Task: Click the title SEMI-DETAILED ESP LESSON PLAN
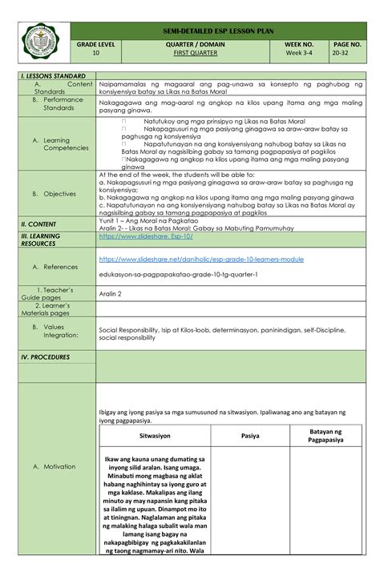coord(218,30)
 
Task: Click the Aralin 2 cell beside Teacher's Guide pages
coord(109,294)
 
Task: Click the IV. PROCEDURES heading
coord(46,357)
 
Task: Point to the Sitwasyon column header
coord(154,437)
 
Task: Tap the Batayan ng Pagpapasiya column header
coord(326,436)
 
